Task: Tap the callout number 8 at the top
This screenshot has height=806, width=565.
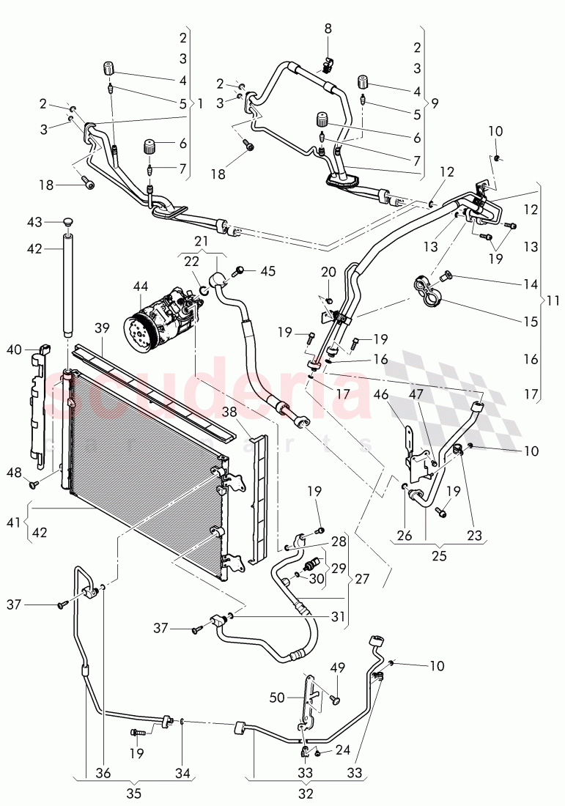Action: coord(328,29)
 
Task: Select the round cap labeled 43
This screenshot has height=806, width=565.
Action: coord(69,222)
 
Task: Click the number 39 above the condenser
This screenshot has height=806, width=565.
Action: coord(102,327)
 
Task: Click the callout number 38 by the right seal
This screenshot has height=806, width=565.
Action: coord(232,412)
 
